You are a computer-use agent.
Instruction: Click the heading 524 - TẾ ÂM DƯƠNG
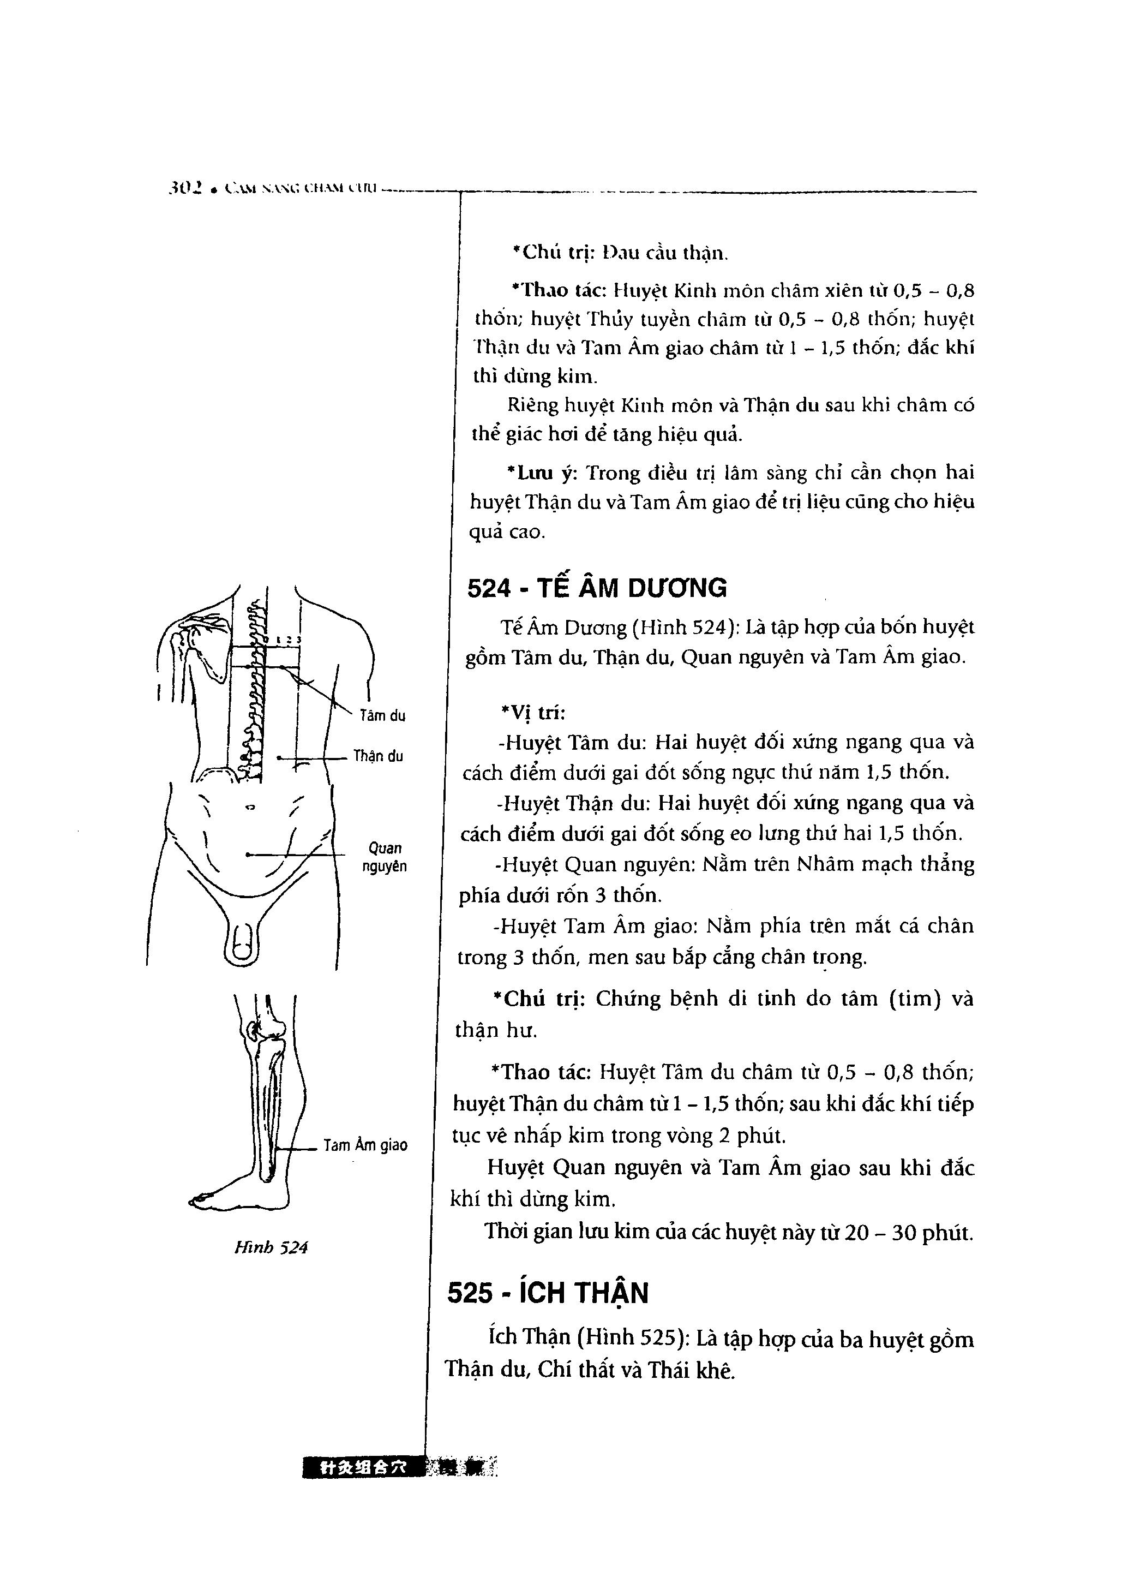pyautogui.click(x=597, y=588)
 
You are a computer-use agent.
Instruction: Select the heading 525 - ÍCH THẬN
pyautogui.click(x=548, y=1293)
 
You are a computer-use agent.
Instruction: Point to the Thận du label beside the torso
pyautogui.click(x=378, y=756)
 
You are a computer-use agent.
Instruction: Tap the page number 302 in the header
pyautogui.click(x=184, y=188)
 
